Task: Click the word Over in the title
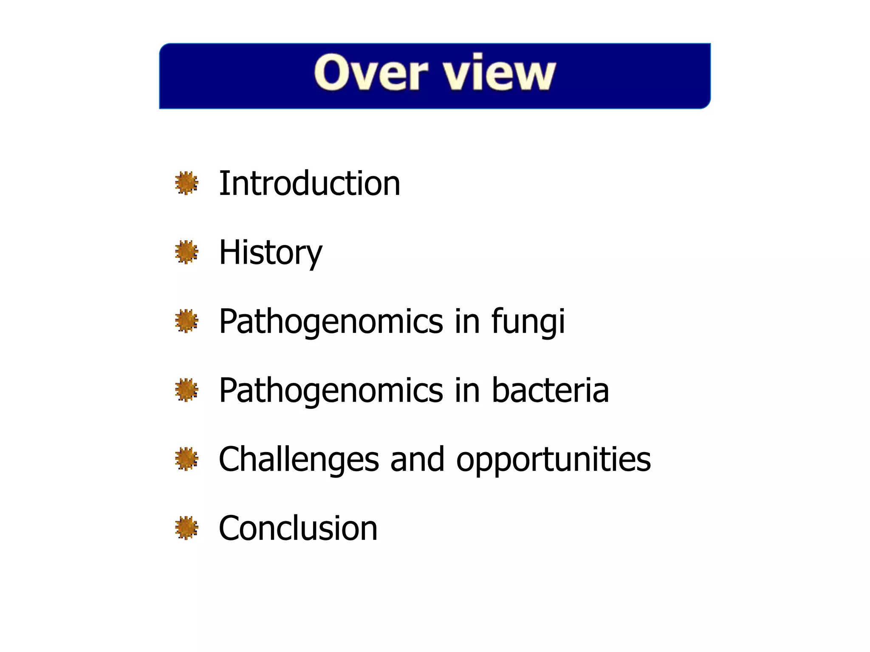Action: click(x=370, y=73)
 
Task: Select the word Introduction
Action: click(x=309, y=183)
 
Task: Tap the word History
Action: click(x=270, y=253)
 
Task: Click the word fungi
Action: click(x=528, y=321)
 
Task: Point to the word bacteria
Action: click(x=550, y=390)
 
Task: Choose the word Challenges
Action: click(x=299, y=459)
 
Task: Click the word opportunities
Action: click(x=553, y=459)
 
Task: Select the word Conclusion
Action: click(x=298, y=528)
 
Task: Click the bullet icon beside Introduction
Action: click(x=186, y=183)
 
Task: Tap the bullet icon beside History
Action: click(x=186, y=252)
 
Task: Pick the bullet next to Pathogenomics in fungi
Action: click(x=186, y=321)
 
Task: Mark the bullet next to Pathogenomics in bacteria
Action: click(x=186, y=390)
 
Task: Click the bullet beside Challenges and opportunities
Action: click(x=186, y=459)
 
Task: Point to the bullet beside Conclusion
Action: click(x=186, y=528)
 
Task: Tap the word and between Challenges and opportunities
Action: click(x=417, y=459)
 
